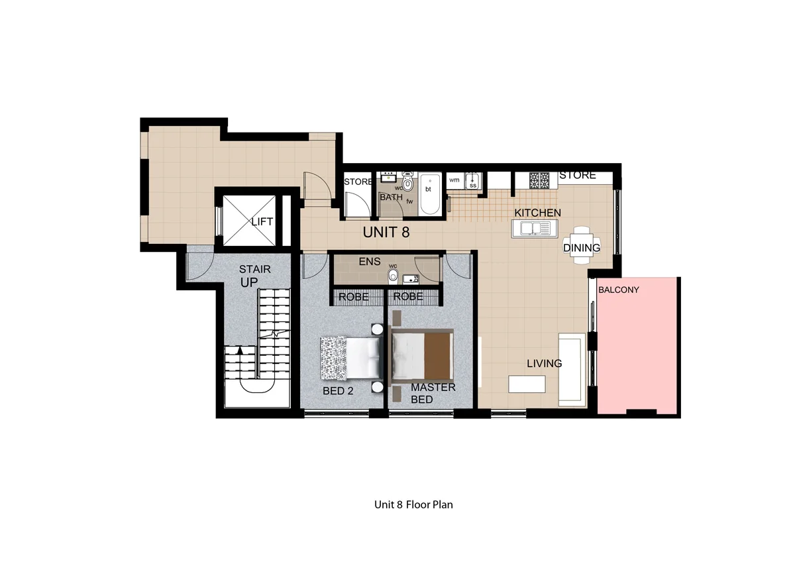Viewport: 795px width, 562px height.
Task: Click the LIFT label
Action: pos(262,222)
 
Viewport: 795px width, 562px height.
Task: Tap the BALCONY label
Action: pos(618,290)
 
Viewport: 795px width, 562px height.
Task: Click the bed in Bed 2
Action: pos(350,357)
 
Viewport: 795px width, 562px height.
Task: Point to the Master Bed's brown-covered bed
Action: pos(422,357)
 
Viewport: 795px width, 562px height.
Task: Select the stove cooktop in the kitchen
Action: pos(539,179)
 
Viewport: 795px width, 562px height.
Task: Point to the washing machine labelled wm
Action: pos(454,180)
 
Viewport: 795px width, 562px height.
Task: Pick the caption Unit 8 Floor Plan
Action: pos(413,504)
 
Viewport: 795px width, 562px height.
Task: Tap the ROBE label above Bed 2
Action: pos(354,297)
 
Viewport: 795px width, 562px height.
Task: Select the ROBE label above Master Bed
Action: pos(408,297)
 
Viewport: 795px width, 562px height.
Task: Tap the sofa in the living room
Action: pos(570,369)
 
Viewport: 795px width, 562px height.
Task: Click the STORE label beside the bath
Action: pos(358,182)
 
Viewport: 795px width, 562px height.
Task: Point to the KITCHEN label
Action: pos(539,213)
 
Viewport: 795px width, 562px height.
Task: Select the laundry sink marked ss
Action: pos(472,181)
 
